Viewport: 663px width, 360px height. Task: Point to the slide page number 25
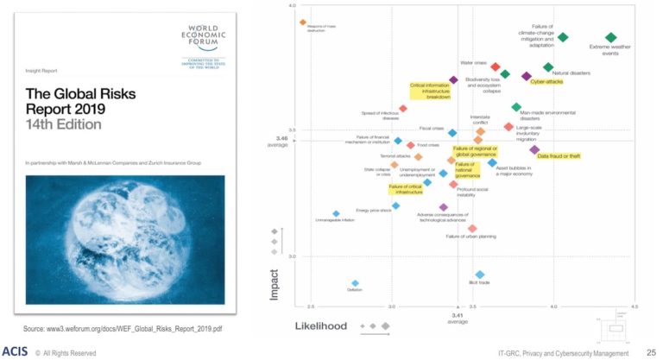[651, 351]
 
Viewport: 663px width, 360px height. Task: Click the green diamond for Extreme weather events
[611, 37]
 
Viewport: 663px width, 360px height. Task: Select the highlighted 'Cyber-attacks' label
[546, 82]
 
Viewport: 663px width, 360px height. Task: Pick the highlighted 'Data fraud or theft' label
[559, 156]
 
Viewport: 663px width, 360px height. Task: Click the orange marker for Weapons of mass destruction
[303, 22]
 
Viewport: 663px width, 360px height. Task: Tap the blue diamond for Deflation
[354, 283]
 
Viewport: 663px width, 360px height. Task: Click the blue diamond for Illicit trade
[480, 275]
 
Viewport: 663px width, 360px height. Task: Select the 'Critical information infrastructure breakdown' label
[430, 92]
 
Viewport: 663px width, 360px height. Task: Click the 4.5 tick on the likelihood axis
[634, 306]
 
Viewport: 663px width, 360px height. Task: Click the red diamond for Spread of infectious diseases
[403, 109]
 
